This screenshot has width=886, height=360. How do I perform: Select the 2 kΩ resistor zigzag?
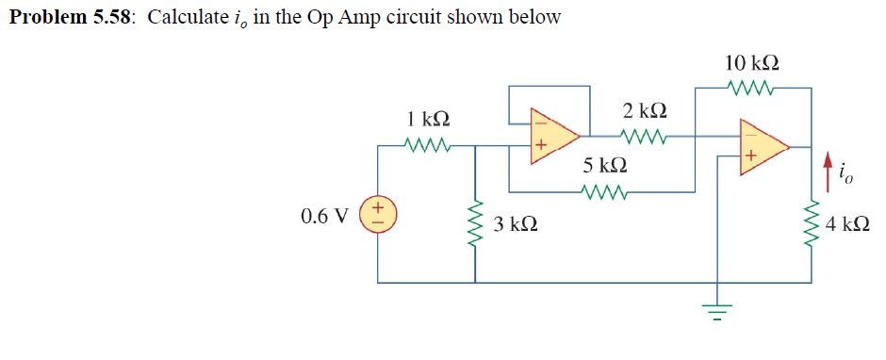[645, 135]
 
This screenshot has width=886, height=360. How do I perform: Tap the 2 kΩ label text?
[646, 109]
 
